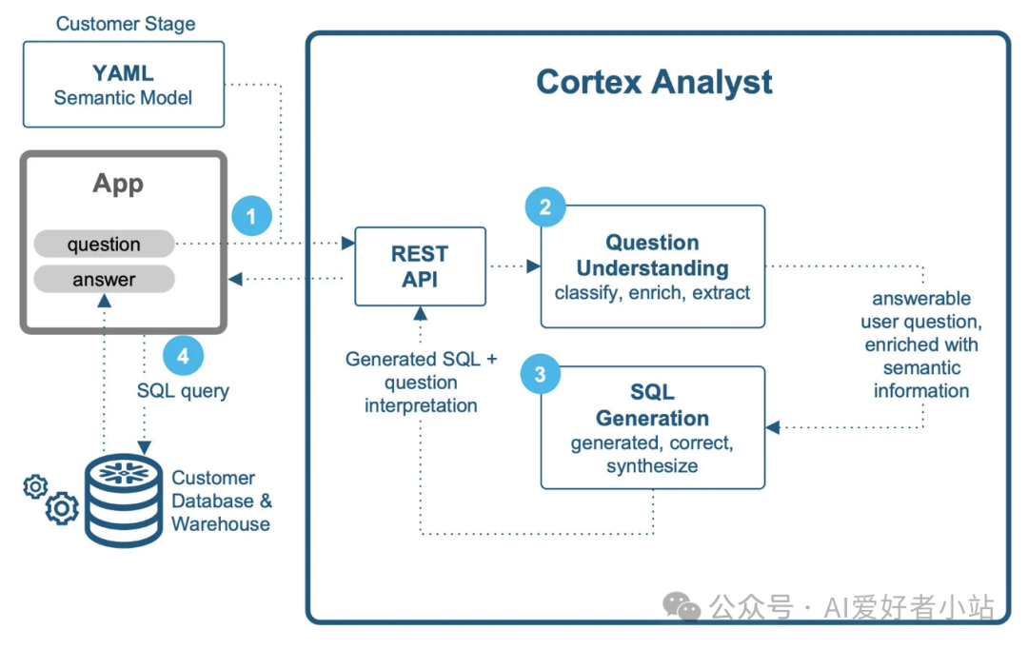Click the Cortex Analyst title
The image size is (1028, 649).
click(x=654, y=82)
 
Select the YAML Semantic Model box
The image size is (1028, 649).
click(x=124, y=85)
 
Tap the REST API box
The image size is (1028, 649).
click(x=420, y=266)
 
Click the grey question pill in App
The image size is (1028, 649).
click(x=104, y=245)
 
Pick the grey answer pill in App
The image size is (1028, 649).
click(x=104, y=280)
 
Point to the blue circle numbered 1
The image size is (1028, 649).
click(x=251, y=217)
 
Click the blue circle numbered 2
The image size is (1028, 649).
click(x=545, y=207)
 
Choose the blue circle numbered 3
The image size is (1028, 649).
click(x=541, y=374)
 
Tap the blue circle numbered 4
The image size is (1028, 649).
click(x=183, y=356)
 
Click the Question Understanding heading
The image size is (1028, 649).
click(x=653, y=255)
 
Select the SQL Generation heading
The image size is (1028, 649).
click(x=653, y=405)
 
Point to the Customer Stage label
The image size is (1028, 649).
click(x=126, y=24)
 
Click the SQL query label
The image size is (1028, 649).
click(x=183, y=390)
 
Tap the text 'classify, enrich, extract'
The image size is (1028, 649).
click(x=653, y=293)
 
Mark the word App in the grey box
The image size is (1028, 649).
click(x=118, y=184)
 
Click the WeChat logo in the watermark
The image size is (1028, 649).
click(x=682, y=605)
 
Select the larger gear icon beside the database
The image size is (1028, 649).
click(x=63, y=508)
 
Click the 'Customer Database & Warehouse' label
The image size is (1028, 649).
click(x=221, y=501)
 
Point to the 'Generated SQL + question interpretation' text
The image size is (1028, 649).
click(x=421, y=383)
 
